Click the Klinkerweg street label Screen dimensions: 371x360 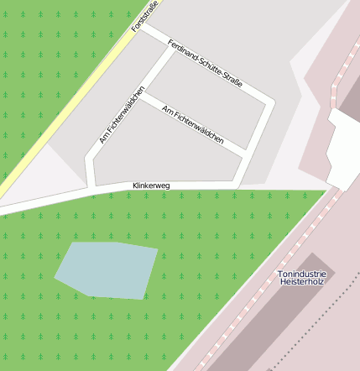pos(151,185)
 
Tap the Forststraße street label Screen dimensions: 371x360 pos(145,17)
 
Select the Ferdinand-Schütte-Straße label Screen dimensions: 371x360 pos(205,64)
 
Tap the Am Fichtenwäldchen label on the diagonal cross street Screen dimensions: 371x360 pos(193,126)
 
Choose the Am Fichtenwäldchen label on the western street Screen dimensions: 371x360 pos(123,115)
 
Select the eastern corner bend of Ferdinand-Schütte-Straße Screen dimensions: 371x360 pos(269,103)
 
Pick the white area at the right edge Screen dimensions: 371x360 pos(344,147)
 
